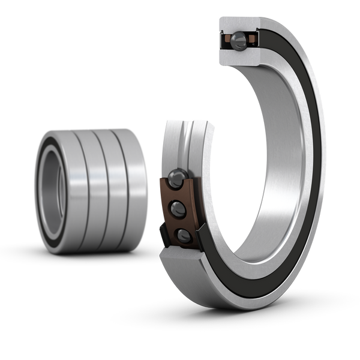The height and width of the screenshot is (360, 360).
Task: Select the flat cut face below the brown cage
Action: tap(180, 259)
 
